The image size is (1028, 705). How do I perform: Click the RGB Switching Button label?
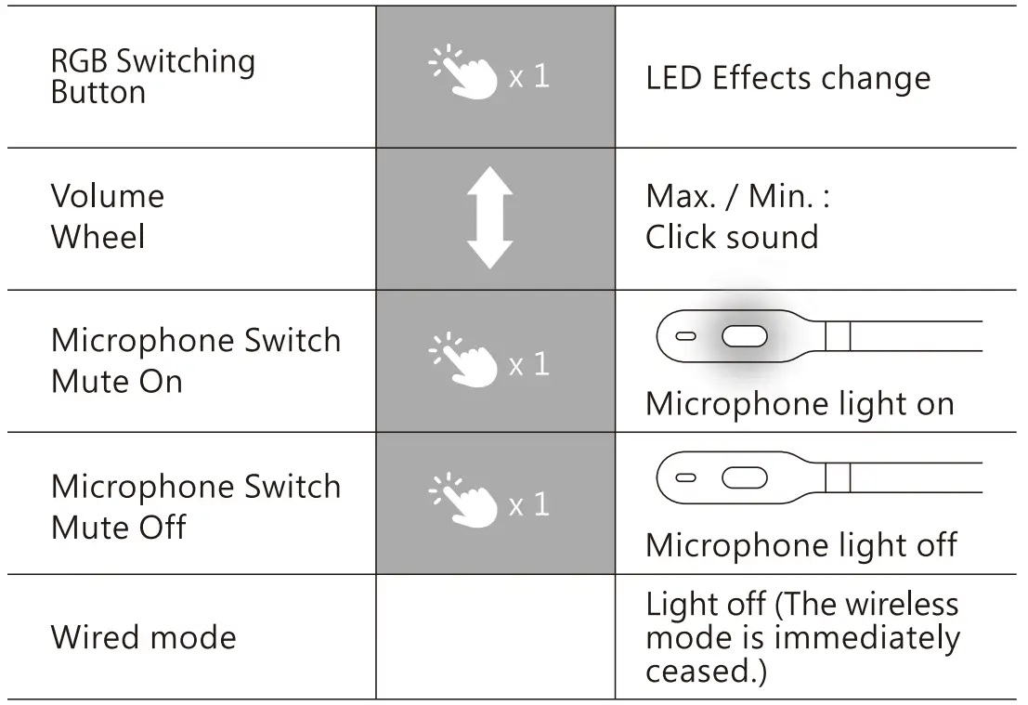point(152,76)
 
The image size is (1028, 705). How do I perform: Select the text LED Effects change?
point(787,78)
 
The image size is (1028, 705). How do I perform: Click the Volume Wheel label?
point(108,216)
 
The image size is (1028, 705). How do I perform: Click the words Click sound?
point(732,238)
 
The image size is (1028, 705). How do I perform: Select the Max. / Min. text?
point(737,196)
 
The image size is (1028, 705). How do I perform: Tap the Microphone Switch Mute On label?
point(195,360)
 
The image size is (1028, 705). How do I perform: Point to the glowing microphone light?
point(744,335)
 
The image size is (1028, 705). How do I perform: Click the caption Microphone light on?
point(800,404)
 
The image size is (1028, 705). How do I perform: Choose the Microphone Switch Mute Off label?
point(195,506)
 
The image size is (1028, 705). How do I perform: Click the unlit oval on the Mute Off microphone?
point(744,477)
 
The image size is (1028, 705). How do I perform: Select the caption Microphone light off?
point(800,545)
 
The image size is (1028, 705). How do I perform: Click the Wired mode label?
point(143,637)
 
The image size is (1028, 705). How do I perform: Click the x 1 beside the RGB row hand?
point(529,77)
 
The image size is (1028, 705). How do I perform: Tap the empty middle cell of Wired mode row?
point(495,636)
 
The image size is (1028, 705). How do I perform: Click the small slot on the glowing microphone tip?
point(686,335)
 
